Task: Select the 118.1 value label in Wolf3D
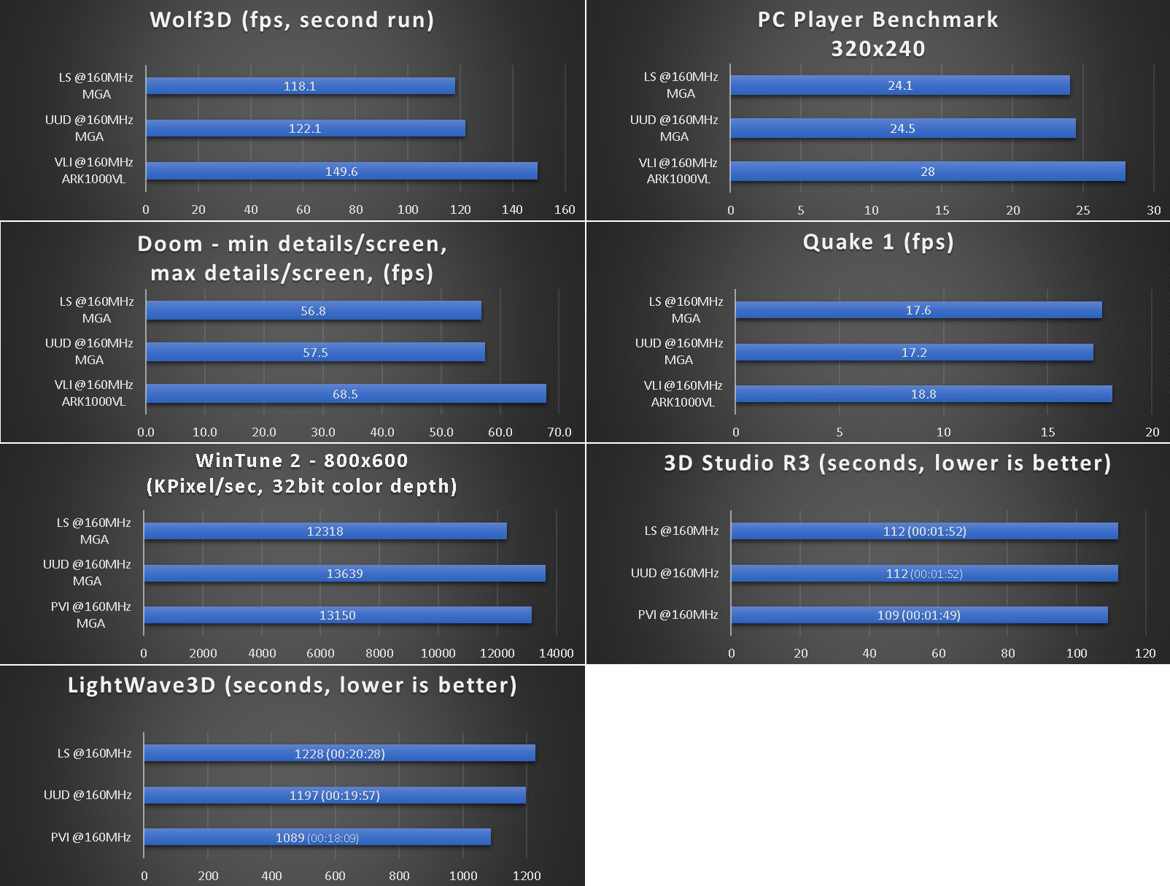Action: [300, 86]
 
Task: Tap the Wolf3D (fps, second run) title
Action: [292, 20]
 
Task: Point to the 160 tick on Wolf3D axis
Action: [565, 209]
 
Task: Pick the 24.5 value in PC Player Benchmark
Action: [902, 128]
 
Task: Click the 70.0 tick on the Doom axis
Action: [559, 432]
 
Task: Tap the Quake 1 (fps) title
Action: [878, 242]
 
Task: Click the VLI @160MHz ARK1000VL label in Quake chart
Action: [683, 393]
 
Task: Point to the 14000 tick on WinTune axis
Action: [556, 653]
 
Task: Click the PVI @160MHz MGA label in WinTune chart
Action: [90, 615]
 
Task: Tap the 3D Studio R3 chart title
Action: [887, 463]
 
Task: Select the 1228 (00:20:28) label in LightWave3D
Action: [339, 754]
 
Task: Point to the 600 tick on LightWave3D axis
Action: [335, 876]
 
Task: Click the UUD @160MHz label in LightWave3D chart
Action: [88, 795]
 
